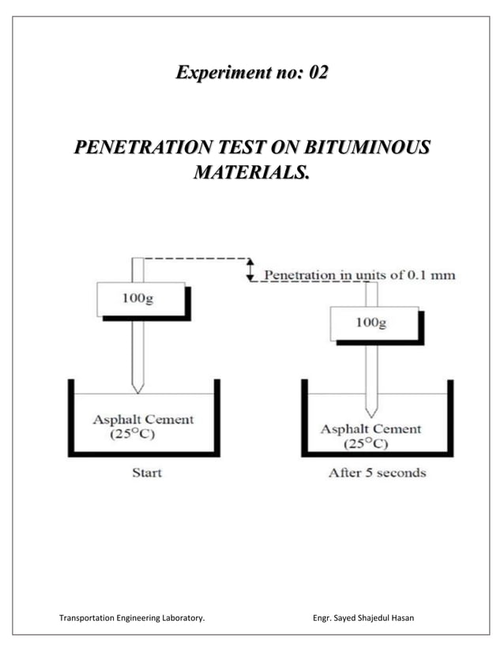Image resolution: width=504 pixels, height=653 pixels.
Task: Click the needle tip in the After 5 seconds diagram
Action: tap(371, 413)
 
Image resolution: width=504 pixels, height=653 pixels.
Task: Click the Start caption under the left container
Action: tap(145, 473)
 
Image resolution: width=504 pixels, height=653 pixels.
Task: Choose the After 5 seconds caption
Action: tap(377, 473)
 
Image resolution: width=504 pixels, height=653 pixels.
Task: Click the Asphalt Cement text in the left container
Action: tap(143, 419)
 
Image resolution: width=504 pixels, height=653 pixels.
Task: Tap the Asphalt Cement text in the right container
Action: tap(370, 429)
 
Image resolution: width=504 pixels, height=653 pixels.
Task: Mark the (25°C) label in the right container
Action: tap(364, 444)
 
